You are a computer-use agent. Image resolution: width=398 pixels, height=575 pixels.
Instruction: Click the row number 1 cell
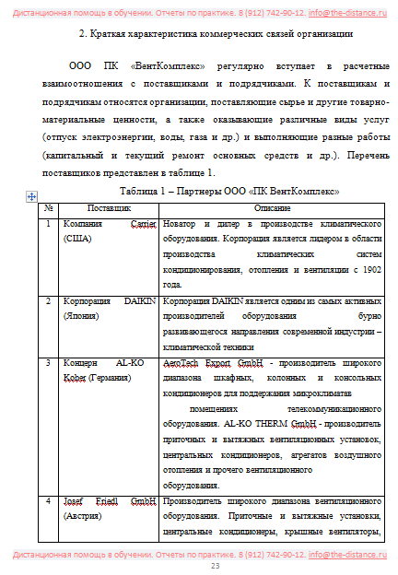pos(48,225)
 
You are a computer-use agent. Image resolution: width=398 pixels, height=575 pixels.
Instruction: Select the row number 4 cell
pos(48,501)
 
